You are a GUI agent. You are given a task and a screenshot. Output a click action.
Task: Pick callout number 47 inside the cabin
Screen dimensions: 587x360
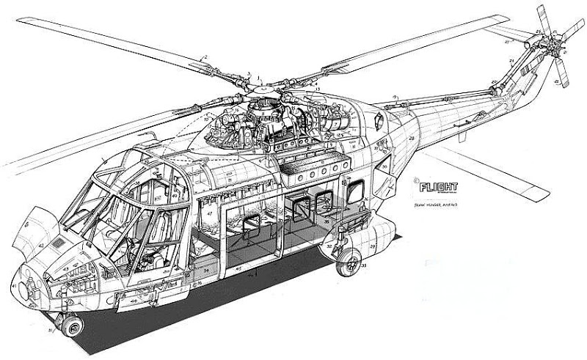pos(210,213)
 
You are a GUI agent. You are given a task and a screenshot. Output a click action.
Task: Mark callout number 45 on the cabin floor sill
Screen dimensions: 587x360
pos(238,268)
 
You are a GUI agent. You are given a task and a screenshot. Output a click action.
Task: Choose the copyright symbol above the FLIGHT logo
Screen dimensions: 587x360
pos(415,177)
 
